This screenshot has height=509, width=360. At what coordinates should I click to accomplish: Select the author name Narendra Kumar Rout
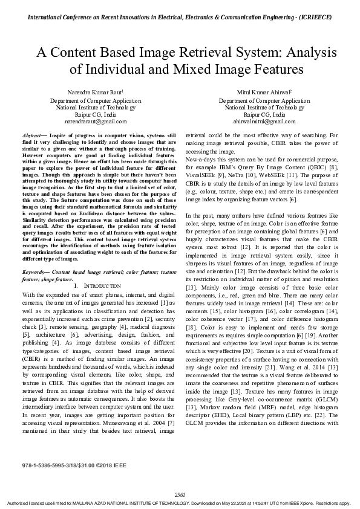pyautogui.click(x=90, y=92)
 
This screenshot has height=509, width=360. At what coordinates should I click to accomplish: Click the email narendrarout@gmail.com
pyautogui.click(x=91, y=121)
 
